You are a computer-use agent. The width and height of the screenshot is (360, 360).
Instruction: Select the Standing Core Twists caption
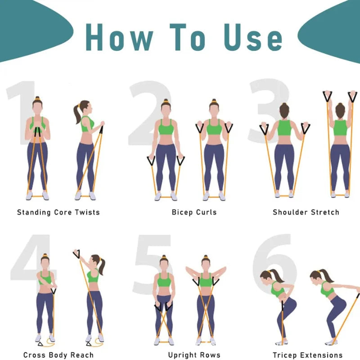pos(58,212)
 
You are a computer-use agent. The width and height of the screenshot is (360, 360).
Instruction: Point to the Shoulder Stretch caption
pos(306,212)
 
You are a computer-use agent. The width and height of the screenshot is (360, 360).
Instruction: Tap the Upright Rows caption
pos(194,355)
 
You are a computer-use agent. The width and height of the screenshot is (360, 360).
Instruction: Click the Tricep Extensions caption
pos(308,355)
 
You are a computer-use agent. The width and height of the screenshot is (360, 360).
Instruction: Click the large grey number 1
pos(20,112)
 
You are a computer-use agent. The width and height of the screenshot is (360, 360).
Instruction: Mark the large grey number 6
pos(272,261)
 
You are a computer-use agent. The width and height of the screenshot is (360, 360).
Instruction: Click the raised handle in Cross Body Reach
pos(77,254)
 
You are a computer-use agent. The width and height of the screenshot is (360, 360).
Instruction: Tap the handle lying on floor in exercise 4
pos(41,343)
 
